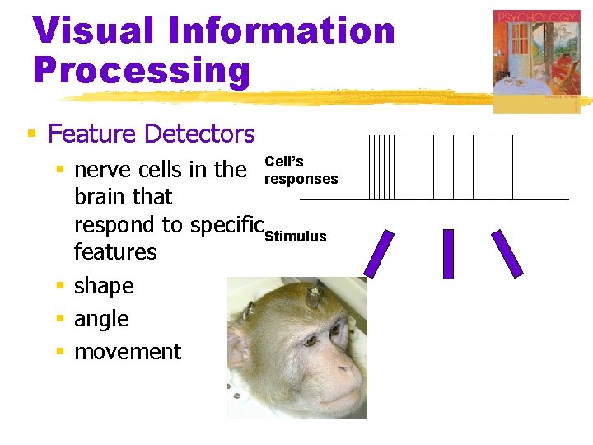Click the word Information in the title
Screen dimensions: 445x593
click(285, 31)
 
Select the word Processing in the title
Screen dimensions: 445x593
click(141, 70)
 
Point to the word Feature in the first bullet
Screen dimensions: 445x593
click(91, 133)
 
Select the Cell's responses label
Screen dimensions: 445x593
click(300, 171)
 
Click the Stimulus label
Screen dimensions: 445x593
click(295, 237)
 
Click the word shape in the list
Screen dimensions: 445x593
click(104, 286)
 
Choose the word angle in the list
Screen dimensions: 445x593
click(101, 319)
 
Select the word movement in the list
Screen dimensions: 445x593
click(128, 352)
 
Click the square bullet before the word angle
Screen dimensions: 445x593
click(60, 319)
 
